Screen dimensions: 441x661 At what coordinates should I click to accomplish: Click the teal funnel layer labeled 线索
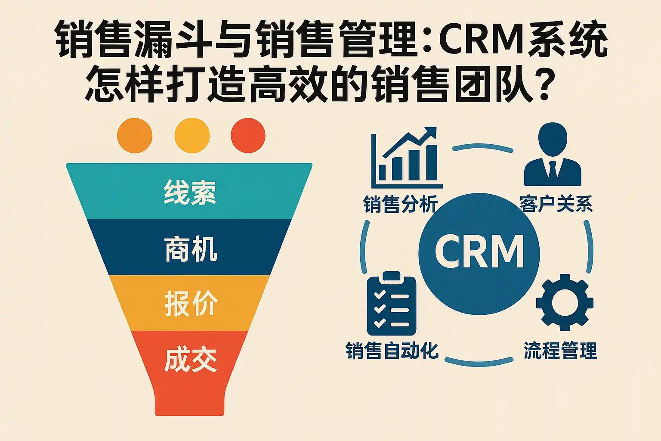189,192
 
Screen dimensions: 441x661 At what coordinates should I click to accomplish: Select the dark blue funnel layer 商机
189,248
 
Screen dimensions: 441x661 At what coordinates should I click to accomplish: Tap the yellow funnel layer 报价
189,304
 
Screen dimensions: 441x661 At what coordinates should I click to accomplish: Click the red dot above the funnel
248,136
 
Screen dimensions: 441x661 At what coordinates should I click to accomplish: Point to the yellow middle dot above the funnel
192,136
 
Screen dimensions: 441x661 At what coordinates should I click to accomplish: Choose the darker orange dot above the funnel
135,136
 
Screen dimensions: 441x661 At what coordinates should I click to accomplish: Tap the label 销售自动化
392,351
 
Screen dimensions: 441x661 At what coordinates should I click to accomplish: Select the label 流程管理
560,351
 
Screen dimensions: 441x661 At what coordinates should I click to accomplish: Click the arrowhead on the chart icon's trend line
431,132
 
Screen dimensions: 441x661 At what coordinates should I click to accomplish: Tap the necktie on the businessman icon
553,169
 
